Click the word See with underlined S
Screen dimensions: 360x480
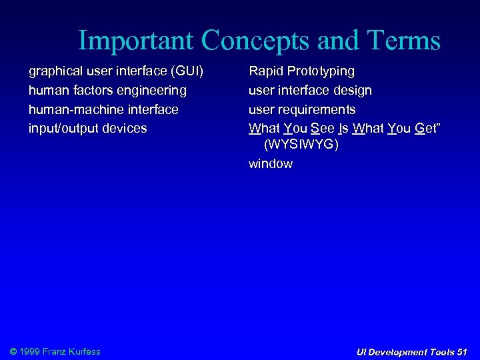(323, 129)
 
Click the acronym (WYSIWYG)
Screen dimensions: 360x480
(301, 145)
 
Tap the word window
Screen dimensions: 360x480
(270, 164)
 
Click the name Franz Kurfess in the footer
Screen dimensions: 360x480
(71, 351)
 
